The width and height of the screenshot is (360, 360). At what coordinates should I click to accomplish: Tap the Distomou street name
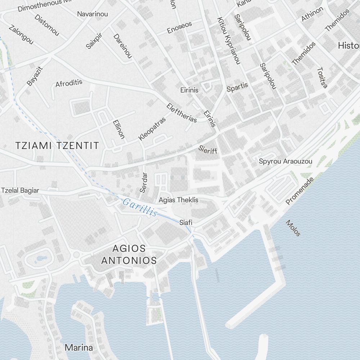47,25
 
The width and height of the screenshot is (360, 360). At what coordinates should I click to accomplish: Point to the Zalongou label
21,35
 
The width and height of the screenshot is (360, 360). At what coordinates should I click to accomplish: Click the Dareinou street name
122,46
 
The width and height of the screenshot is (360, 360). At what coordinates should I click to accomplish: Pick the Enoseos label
179,27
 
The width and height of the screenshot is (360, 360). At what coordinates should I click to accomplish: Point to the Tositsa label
323,77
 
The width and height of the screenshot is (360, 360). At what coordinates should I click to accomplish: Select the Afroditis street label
69,83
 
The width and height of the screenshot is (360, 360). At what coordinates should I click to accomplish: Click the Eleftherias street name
182,113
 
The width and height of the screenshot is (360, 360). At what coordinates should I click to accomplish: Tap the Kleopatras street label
152,129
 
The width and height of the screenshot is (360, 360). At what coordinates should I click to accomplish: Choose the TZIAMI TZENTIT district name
57,145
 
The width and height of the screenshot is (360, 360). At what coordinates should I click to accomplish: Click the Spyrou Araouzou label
285,161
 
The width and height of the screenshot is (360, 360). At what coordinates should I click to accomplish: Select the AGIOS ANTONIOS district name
129,254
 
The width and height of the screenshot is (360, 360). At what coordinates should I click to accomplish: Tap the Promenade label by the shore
300,191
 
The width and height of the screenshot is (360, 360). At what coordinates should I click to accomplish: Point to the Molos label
293,228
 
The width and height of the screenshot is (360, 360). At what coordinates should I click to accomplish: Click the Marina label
78,348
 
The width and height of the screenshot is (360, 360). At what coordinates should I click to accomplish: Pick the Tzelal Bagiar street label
20,190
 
